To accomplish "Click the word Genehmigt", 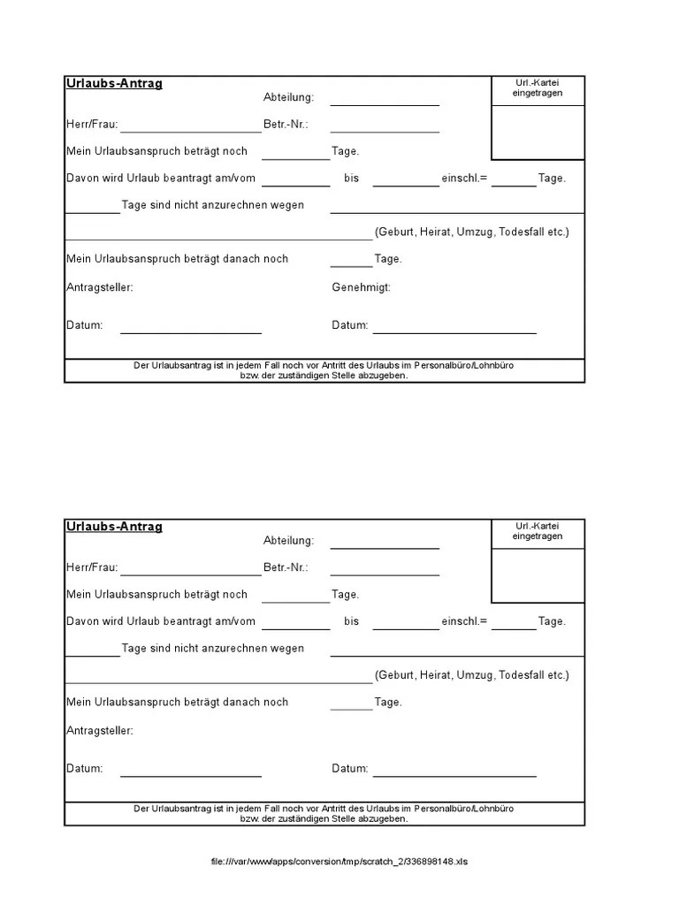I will tap(361, 287).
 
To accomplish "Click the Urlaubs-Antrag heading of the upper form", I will tap(114, 84).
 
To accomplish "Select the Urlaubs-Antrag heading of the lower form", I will tap(114, 527).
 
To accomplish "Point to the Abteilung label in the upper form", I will tap(288, 98).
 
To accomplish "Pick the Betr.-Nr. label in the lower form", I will tap(286, 567).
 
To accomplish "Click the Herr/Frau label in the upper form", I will tap(92, 125).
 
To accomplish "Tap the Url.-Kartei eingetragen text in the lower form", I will tap(538, 531).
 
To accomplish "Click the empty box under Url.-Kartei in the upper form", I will tap(538, 133).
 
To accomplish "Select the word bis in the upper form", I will tap(352, 178).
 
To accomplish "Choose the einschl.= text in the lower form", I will tap(464, 621).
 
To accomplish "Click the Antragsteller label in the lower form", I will tap(100, 731).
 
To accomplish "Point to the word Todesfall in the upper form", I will tap(522, 232).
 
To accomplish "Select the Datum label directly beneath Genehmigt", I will tap(350, 325).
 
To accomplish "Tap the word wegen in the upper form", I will tap(288, 205).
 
